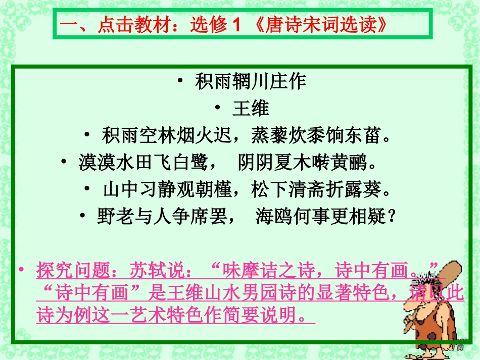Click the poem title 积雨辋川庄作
[x=251, y=82]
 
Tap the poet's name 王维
[x=251, y=109]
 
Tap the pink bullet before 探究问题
[x=22, y=270]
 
